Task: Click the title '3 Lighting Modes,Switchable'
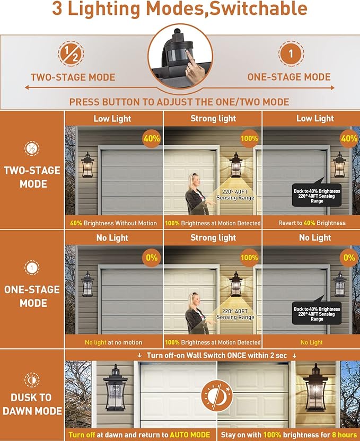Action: [x=180, y=9]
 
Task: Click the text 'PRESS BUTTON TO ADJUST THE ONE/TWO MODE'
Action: [x=179, y=102]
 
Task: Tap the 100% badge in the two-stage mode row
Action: [x=249, y=139]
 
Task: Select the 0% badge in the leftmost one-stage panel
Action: [x=152, y=258]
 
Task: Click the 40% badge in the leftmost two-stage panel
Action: [x=152, y=139]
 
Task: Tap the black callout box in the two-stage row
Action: [x=317, y=195]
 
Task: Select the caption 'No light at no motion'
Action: [x=113, y=342]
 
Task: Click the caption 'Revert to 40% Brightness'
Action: [x=311, y=223]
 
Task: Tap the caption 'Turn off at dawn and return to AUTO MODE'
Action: [x=139, y=435]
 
